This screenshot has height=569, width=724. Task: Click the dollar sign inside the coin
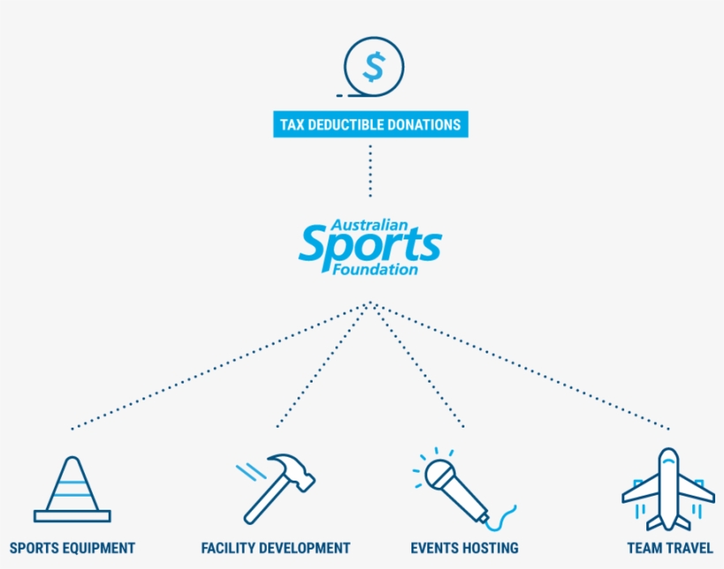tap(373, 67)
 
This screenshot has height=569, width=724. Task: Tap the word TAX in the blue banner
tap(292, 125)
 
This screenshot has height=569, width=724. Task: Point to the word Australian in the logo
tap(369, 225)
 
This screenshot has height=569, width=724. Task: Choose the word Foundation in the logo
tap(375, 269)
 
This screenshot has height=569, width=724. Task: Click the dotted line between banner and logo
tap(370, 171)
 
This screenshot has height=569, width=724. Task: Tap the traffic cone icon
tap(72, 489)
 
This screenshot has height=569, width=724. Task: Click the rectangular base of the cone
tap(72, 516)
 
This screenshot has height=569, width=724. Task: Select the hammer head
tap(292, 471)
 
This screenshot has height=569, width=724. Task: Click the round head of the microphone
tap(440, 474)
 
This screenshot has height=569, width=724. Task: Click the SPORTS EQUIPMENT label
tap(72, 548)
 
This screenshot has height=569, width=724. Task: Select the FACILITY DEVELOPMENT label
tap(275, 548)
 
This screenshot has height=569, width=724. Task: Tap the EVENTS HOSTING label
tap(464, 548)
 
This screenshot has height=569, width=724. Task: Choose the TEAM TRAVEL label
tap(670, 548)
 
